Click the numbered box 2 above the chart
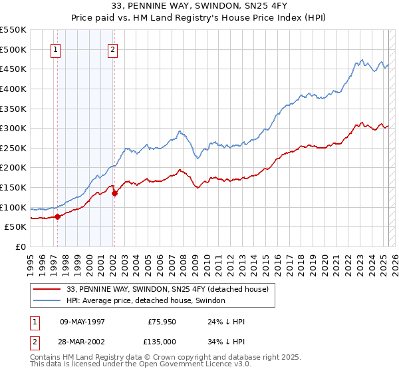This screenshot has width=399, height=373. (113, 49)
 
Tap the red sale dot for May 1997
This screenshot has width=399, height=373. (57, 216)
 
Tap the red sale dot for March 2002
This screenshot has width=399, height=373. (114, 193)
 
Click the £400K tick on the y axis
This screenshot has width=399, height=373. (13, 89)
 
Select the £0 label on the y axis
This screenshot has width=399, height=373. (21, 246)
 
